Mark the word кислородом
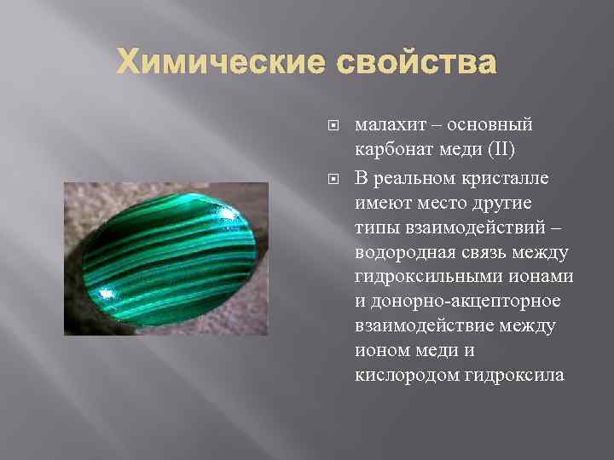coord(405,375)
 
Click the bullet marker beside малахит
coord(333,125)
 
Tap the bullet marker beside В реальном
coord(333,178)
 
